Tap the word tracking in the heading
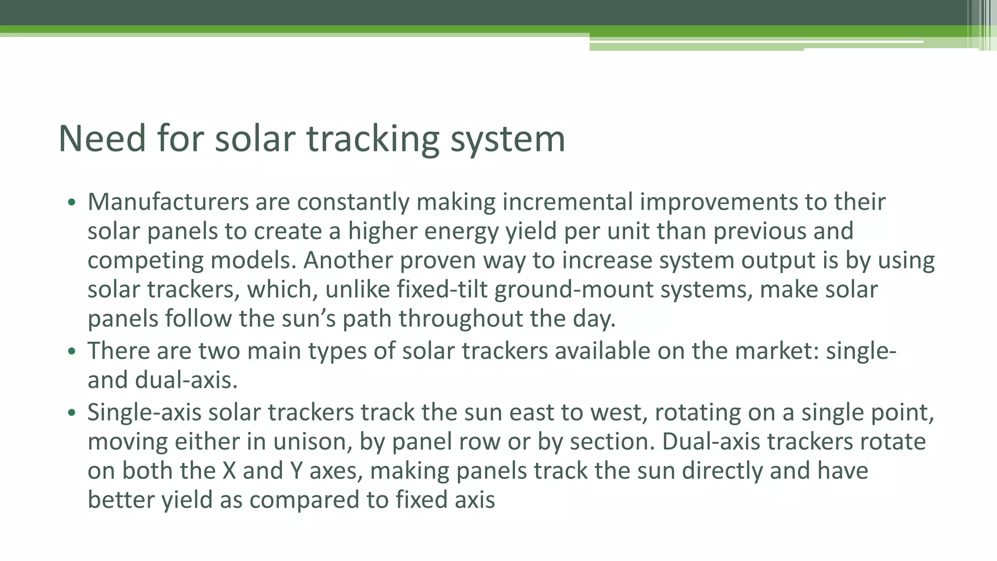(372, 140)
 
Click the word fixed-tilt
(442, 290)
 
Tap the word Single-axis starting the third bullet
(144, 413)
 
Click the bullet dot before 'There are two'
(72, 351)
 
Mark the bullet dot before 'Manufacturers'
(72, 202)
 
